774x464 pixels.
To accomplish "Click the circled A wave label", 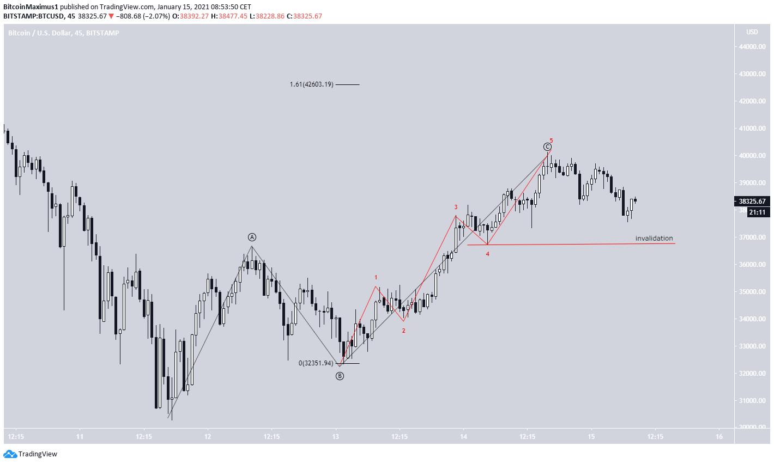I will [252, 237].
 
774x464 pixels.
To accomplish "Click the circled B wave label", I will [340, 376].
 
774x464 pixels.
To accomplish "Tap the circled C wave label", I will [547, 146].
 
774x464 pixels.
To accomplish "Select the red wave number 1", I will [376, 278].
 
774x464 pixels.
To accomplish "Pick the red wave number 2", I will [403, 331].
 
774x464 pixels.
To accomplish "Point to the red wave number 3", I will [456, 207].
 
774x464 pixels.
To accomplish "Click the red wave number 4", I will [488, 254].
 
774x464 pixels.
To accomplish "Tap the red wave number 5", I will [551, 141].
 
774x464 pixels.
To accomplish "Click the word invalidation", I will [654, 239].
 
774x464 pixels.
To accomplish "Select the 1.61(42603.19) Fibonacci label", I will [311, 84].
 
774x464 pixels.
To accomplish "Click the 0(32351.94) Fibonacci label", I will [316, 363].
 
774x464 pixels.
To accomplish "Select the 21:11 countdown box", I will [757, 212].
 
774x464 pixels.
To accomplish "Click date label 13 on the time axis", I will [336, 437].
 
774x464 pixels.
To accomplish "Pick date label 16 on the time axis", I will [719, 437].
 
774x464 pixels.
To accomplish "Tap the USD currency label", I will [752, 32].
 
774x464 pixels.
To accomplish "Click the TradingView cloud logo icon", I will [10, 454].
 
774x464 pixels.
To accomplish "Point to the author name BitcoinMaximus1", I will [31, 7].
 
